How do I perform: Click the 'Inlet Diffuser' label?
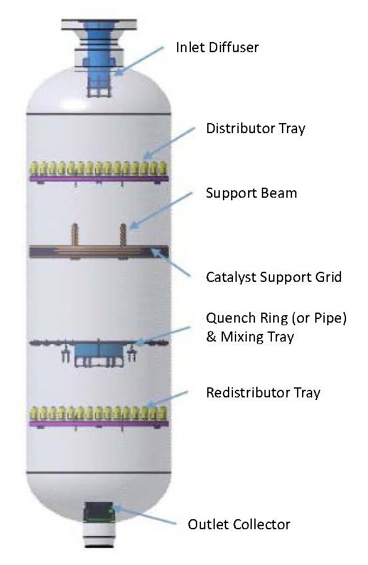click(x=217, y=47)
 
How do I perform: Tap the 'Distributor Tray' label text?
click(x=256, y=128)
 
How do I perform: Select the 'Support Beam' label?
click(x=251, y=193)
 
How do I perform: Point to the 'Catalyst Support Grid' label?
click(x=274, y=277)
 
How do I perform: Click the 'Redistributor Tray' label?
click(x=263, y=392)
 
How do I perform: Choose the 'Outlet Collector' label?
click(x=239, y=524)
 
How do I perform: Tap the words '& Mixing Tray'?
click(x=250, y=337)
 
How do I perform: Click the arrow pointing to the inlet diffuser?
click(x=139, y=60)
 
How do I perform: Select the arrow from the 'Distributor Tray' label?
click(x=168, y=143)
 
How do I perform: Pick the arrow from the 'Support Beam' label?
click(x=161, y=210)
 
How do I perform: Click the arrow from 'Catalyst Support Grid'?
click(x=170, y=262)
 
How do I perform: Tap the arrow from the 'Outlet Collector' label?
click(x=144, y=515)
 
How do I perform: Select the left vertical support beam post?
click(x=74, y=235)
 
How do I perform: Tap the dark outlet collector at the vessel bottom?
click(x=99, y=512)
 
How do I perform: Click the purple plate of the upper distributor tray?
click(x=99, y=178)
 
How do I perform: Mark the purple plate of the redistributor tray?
click(x=99, y=423)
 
